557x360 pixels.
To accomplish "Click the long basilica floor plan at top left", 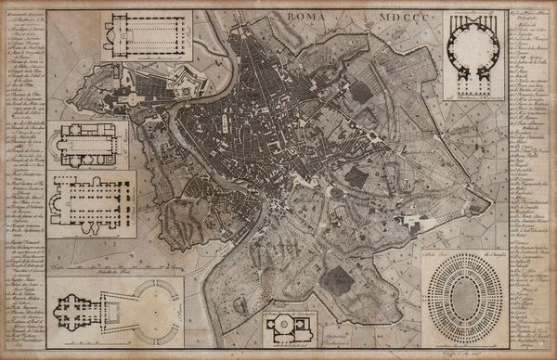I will (146, 35).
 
